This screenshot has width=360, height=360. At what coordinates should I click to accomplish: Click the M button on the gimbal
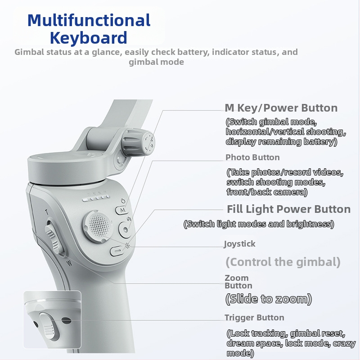122,210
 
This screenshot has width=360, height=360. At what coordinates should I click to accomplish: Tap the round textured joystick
98,226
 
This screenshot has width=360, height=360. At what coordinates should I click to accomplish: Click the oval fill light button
117,251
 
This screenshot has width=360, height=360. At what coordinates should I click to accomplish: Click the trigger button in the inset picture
49,326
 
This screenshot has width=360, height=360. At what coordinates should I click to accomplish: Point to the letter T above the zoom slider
47,212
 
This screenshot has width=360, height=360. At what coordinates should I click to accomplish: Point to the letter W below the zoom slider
69,263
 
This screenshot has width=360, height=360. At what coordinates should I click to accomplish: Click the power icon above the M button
123,201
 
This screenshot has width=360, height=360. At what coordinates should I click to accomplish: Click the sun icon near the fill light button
127,246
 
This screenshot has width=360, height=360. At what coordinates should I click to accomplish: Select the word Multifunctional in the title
89,20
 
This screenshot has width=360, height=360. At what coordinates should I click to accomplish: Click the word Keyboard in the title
88,38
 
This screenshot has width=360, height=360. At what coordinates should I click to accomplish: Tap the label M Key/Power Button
281,108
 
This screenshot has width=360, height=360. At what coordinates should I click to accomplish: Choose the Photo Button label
252,157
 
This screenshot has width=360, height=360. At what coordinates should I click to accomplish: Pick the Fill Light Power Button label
288,209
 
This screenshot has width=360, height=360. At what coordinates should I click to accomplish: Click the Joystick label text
240,244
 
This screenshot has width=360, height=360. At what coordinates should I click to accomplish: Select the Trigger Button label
254,318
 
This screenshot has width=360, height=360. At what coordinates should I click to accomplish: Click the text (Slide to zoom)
269,299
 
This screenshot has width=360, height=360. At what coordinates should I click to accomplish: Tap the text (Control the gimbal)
283,262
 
